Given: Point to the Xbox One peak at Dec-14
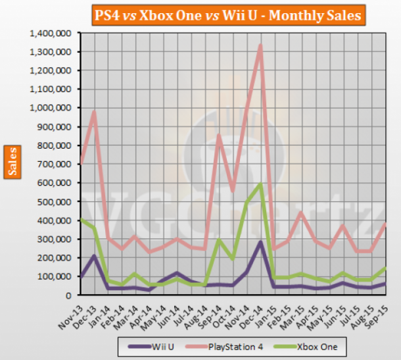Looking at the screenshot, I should coord(261,184).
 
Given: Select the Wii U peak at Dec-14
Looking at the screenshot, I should coord(261,242).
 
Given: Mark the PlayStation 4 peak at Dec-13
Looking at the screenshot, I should coord(95,113).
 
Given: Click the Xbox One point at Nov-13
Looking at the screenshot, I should coord(81,219).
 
